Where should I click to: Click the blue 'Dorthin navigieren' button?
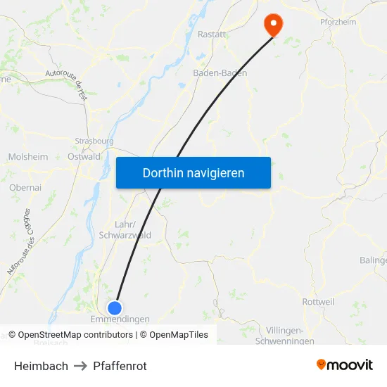point(193,172)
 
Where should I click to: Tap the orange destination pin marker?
point(272,25)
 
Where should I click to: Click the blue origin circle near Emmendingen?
point(115,307)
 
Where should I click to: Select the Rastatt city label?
point(212,34)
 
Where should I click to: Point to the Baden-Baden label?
point(220,72)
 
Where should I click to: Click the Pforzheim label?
point(338,22)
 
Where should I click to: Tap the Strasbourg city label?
point(94,140)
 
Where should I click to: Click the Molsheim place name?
point(27,157)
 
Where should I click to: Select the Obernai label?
point(25,188)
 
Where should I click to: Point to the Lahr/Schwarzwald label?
point(125,229)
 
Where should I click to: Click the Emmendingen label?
point(120,319)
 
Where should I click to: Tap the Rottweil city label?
point(318,301)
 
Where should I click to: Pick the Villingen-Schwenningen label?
point(290,336)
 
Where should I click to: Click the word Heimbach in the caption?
point(41,366)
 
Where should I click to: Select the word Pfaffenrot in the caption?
point(120,366)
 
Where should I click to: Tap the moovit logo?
point(345,364)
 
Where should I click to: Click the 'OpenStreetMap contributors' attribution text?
point(75,335)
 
